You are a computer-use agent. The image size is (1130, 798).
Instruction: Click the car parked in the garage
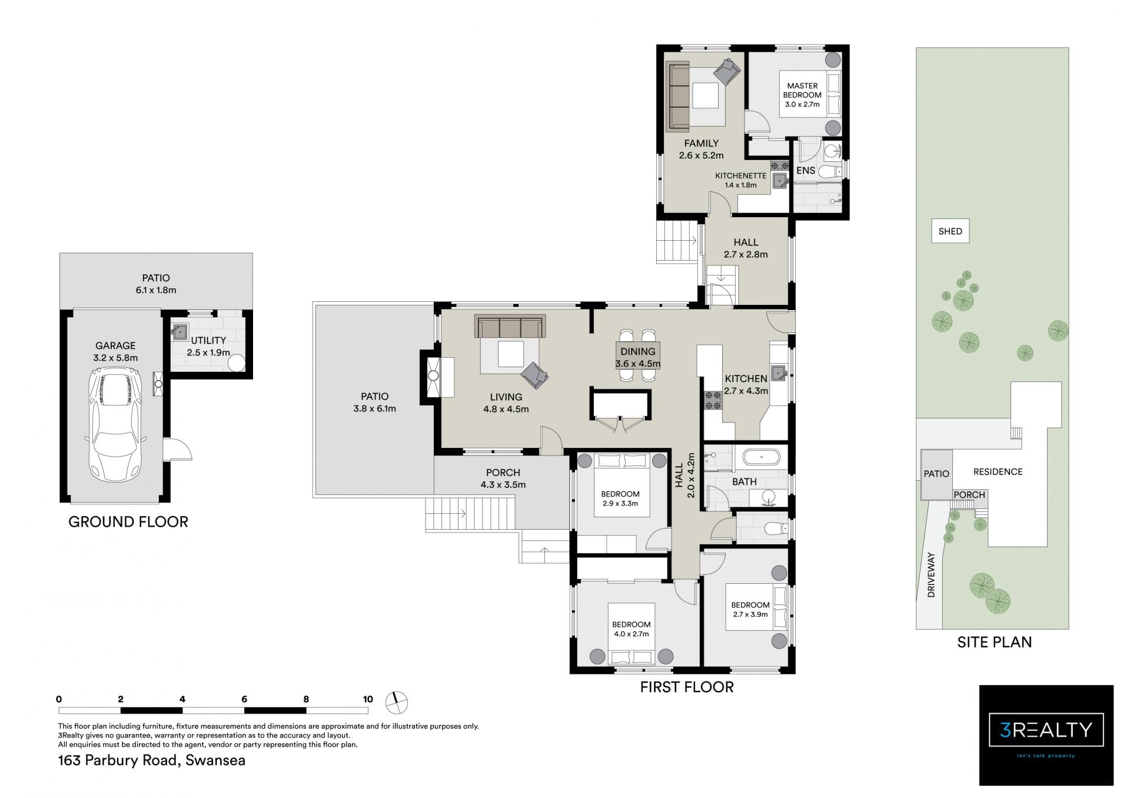pos(115,424)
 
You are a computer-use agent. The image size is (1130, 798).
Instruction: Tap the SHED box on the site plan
pos(950,231)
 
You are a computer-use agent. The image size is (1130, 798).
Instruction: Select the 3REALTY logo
pos(1046,734)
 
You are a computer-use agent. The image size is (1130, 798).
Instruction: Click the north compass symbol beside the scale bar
pos(396,701)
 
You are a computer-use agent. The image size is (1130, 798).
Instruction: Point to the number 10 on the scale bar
pos(368,699)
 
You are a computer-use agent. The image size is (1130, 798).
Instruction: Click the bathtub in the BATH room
pos(761,457)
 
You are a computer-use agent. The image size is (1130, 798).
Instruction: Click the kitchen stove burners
pos(713,401)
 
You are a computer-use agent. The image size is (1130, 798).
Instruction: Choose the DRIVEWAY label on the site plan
pos(930,574)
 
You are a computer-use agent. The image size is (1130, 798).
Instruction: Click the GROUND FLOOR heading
pos(128,522)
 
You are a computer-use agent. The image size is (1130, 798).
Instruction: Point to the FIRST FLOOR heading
pos(687,687)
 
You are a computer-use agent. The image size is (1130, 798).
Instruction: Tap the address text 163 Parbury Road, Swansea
pos(152,760)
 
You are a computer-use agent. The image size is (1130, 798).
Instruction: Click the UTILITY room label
pos(208,341)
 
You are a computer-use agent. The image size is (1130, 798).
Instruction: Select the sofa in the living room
pos(510,327)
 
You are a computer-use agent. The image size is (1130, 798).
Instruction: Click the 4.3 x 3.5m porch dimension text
pos(503,485)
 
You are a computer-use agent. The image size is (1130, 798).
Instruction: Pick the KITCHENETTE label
pos(740,176)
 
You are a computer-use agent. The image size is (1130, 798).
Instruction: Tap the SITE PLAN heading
pos(995,642)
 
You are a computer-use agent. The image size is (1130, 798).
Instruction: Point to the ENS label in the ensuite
pos(806,171)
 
